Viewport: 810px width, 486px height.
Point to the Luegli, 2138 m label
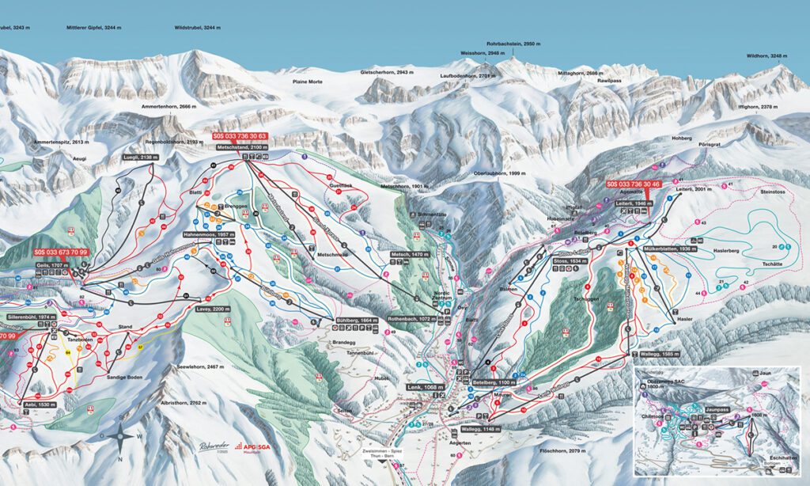click(141, 158)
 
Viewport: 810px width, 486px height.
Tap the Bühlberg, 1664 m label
click(353, 321)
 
